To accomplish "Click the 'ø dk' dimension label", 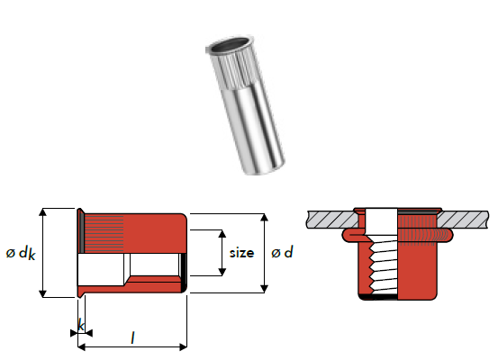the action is [x=21, y=253].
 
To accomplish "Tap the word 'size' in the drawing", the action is [x=241, y=253].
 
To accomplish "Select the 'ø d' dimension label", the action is [x=282, y=252].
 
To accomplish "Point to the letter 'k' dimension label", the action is [x=81, y=326].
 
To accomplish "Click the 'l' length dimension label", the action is [x=132, y=337].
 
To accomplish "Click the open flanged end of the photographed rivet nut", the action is [x=230, y=45].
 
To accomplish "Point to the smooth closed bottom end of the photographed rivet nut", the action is [x=264, y=166].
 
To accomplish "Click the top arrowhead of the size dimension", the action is [x=222, y=234].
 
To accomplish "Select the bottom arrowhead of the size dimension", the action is [x=222, y=272].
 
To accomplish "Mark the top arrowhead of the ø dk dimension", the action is [x=42, y=212].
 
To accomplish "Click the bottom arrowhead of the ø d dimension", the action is [x=264, y=289].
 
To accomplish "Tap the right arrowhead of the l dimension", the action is [x=183, y=347].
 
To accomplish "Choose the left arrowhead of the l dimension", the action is [x=82, y=347].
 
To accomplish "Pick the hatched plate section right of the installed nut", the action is [x=463, y=220].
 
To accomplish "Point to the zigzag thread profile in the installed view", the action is [x=371, y=266].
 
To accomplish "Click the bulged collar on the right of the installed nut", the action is [x=445, y=236].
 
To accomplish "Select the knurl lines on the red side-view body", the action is [x=104, y=233].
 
